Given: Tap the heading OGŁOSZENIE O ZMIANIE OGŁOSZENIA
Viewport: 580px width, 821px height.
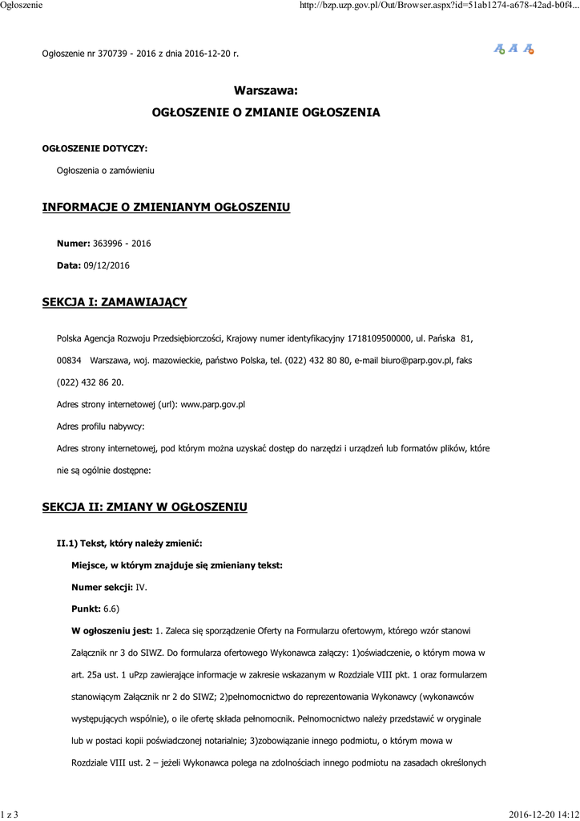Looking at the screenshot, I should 266,113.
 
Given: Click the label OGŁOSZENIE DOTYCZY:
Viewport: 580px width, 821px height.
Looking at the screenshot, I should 95,148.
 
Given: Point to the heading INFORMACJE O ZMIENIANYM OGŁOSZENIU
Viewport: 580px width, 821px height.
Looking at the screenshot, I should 166,208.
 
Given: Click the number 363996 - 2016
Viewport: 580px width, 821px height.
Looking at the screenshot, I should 122,243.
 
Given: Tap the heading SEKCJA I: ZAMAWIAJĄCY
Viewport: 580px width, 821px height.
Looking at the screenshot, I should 114,302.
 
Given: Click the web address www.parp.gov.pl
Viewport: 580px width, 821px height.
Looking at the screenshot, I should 212,405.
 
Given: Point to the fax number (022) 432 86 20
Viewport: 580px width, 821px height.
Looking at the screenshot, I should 90,383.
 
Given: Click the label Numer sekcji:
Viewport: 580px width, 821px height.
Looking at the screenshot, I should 103,588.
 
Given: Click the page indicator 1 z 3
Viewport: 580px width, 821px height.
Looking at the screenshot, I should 10,815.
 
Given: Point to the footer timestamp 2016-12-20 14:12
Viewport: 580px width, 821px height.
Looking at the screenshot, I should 543,815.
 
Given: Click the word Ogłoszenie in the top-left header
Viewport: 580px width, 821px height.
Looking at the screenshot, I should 21,6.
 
